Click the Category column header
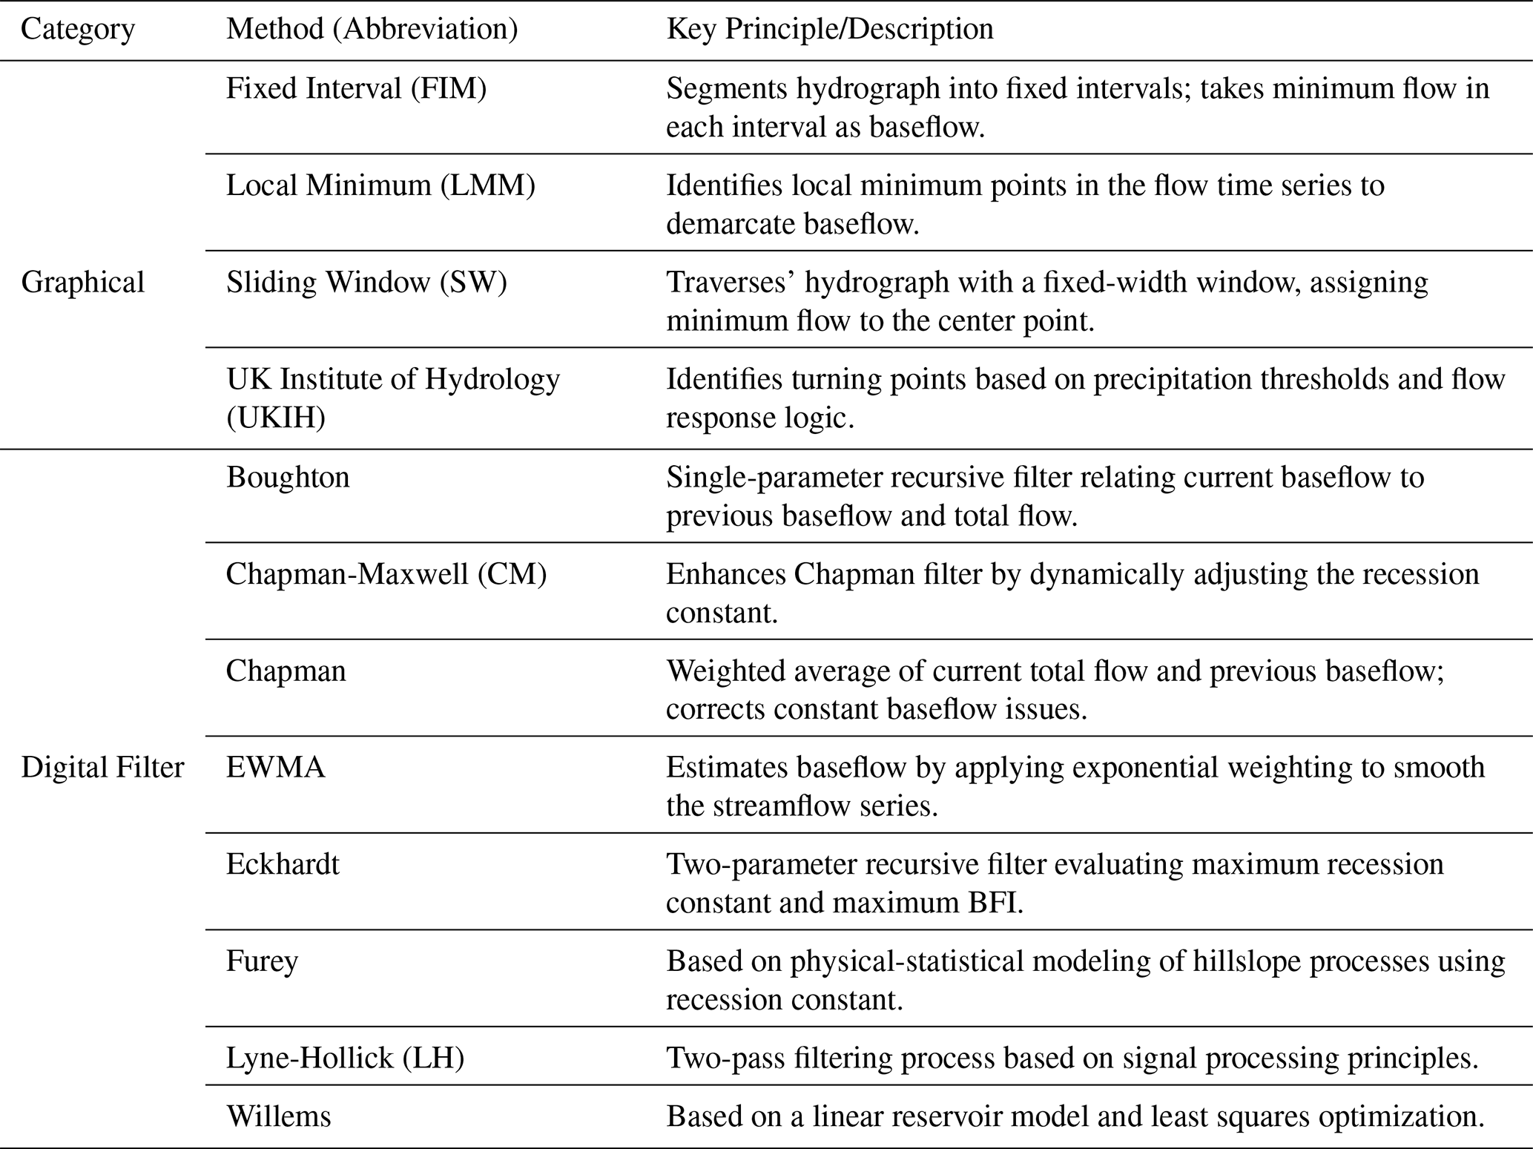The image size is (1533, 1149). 78,30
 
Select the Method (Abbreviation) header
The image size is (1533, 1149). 372,30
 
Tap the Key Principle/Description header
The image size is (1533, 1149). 830,30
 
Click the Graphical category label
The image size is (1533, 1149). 82,283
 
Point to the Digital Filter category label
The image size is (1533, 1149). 102,768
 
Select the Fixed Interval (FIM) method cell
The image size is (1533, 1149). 356,89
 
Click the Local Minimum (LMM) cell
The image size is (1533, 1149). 380,185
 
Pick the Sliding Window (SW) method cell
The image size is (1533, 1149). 366,283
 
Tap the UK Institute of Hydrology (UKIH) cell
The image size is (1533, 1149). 392,398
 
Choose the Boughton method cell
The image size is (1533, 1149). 288,477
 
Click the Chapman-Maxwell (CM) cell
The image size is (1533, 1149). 386,574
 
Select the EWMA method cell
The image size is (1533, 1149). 275,768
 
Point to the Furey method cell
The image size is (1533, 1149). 262,961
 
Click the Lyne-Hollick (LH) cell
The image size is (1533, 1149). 345,1058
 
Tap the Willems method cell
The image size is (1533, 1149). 278,1116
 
